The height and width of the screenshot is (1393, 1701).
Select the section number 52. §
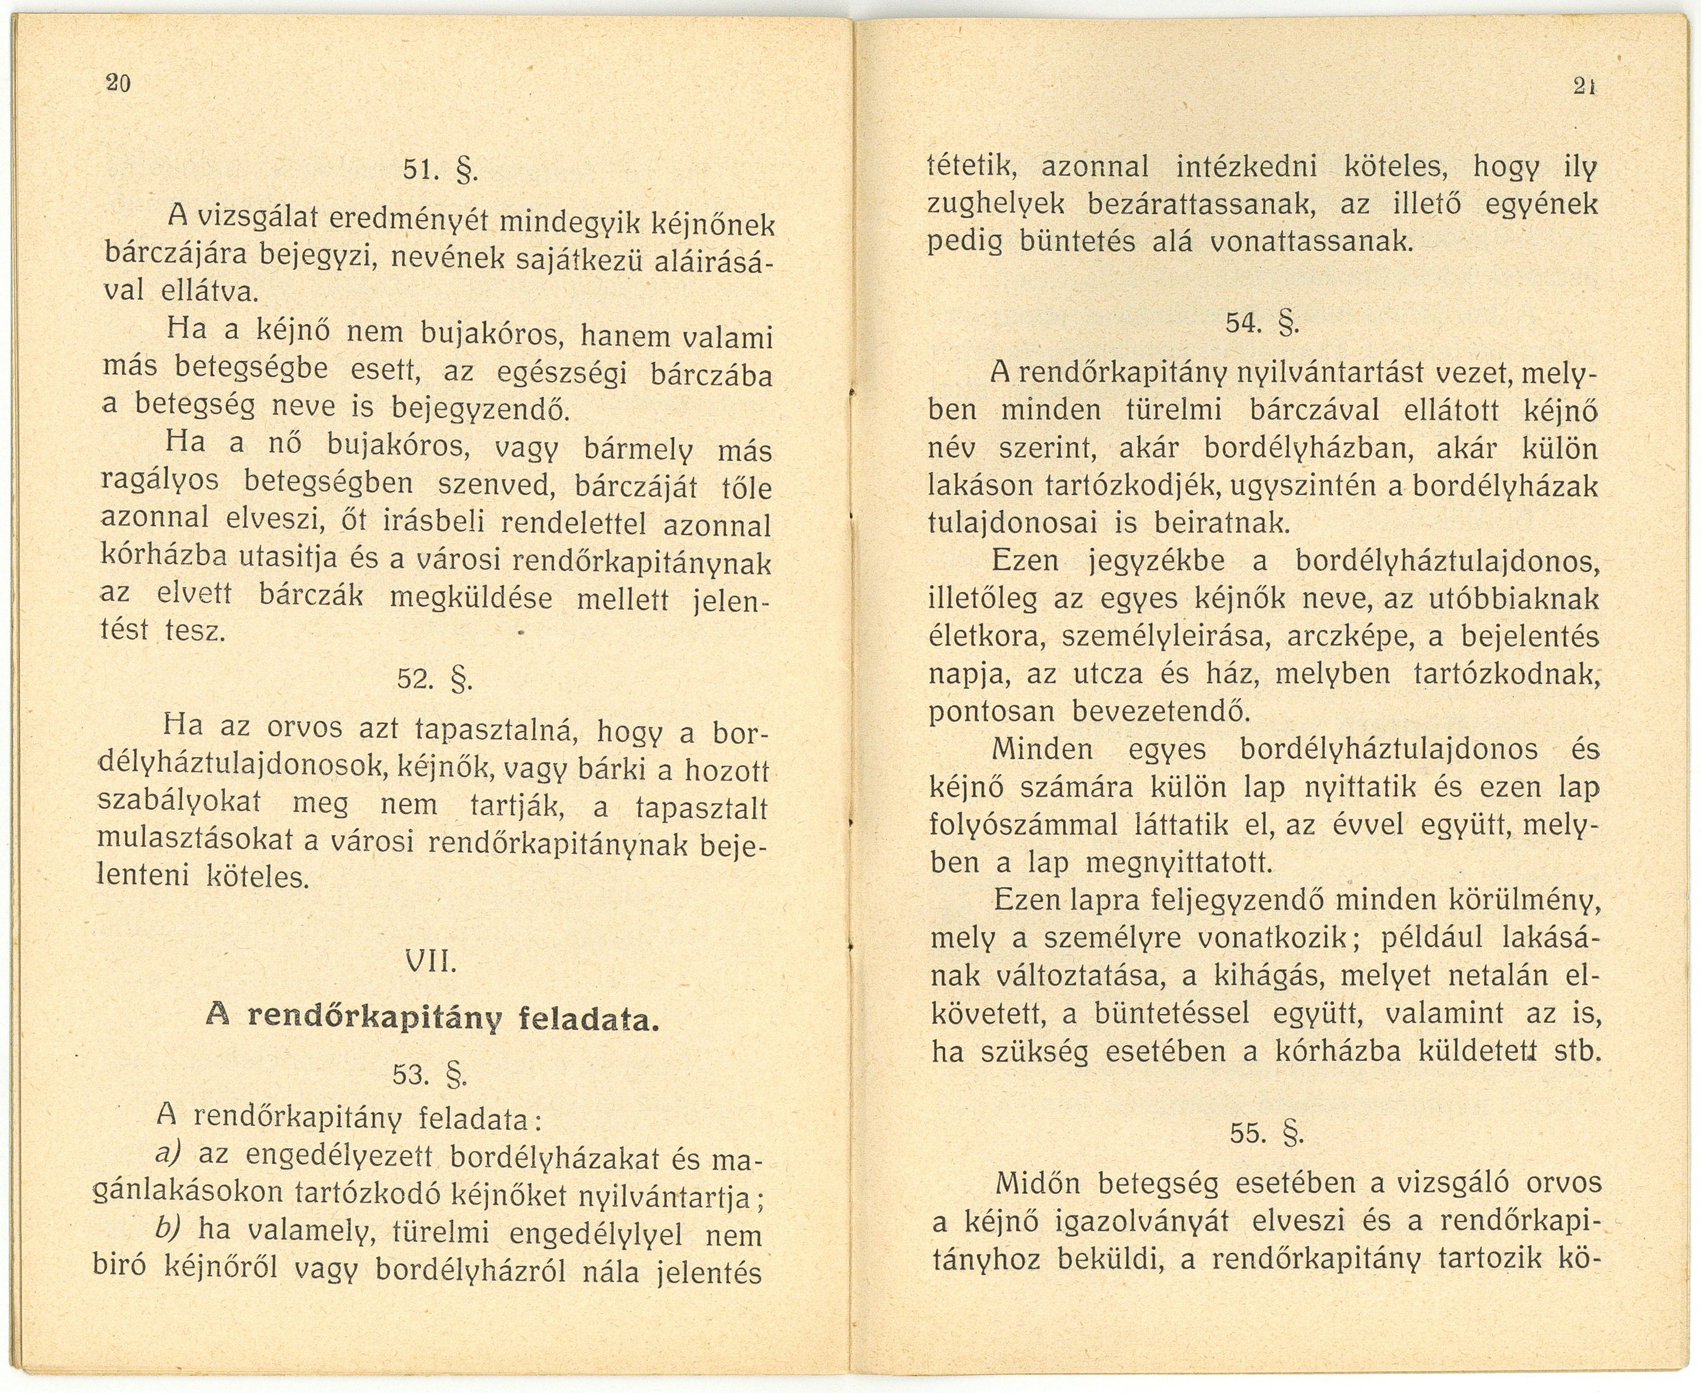(434, 680)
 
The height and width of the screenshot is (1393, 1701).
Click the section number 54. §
(1261, 323)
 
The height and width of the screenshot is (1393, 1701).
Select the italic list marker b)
(169, 1229)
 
